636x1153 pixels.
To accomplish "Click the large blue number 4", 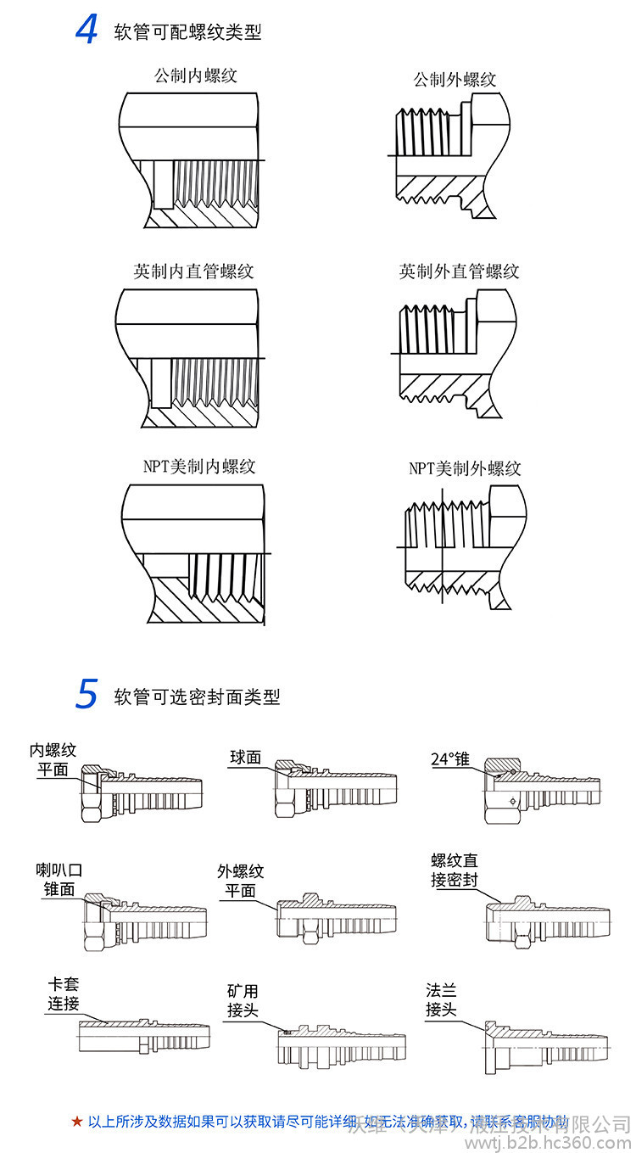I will (86, 31).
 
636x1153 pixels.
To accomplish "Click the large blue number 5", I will (86, 694).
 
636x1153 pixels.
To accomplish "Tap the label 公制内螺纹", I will (195, 76).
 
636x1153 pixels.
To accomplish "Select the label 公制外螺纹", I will (455, 80).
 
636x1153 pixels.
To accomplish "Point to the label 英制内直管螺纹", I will (193, 271).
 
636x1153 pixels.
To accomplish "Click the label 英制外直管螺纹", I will (459, 271).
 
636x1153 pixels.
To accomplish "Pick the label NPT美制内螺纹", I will (199, 466).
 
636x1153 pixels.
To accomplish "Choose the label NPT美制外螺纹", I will (465, 468).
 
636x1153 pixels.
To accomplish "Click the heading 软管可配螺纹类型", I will (187, 32).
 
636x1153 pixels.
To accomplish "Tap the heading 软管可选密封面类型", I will (197, 697).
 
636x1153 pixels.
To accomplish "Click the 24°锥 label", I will (450, 758).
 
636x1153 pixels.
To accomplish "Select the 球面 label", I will (245, 757).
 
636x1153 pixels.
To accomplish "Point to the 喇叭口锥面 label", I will (59, 879).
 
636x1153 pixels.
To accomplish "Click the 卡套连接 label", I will (63, 994).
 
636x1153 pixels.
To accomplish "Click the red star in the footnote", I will (77, 1122).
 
